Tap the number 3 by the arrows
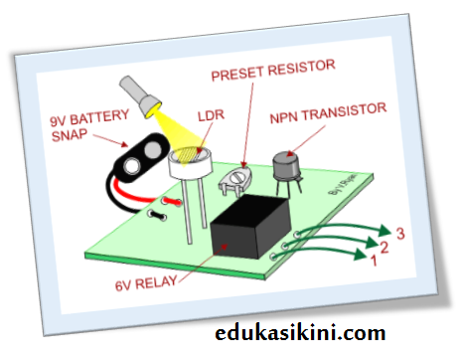click(400, 234)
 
